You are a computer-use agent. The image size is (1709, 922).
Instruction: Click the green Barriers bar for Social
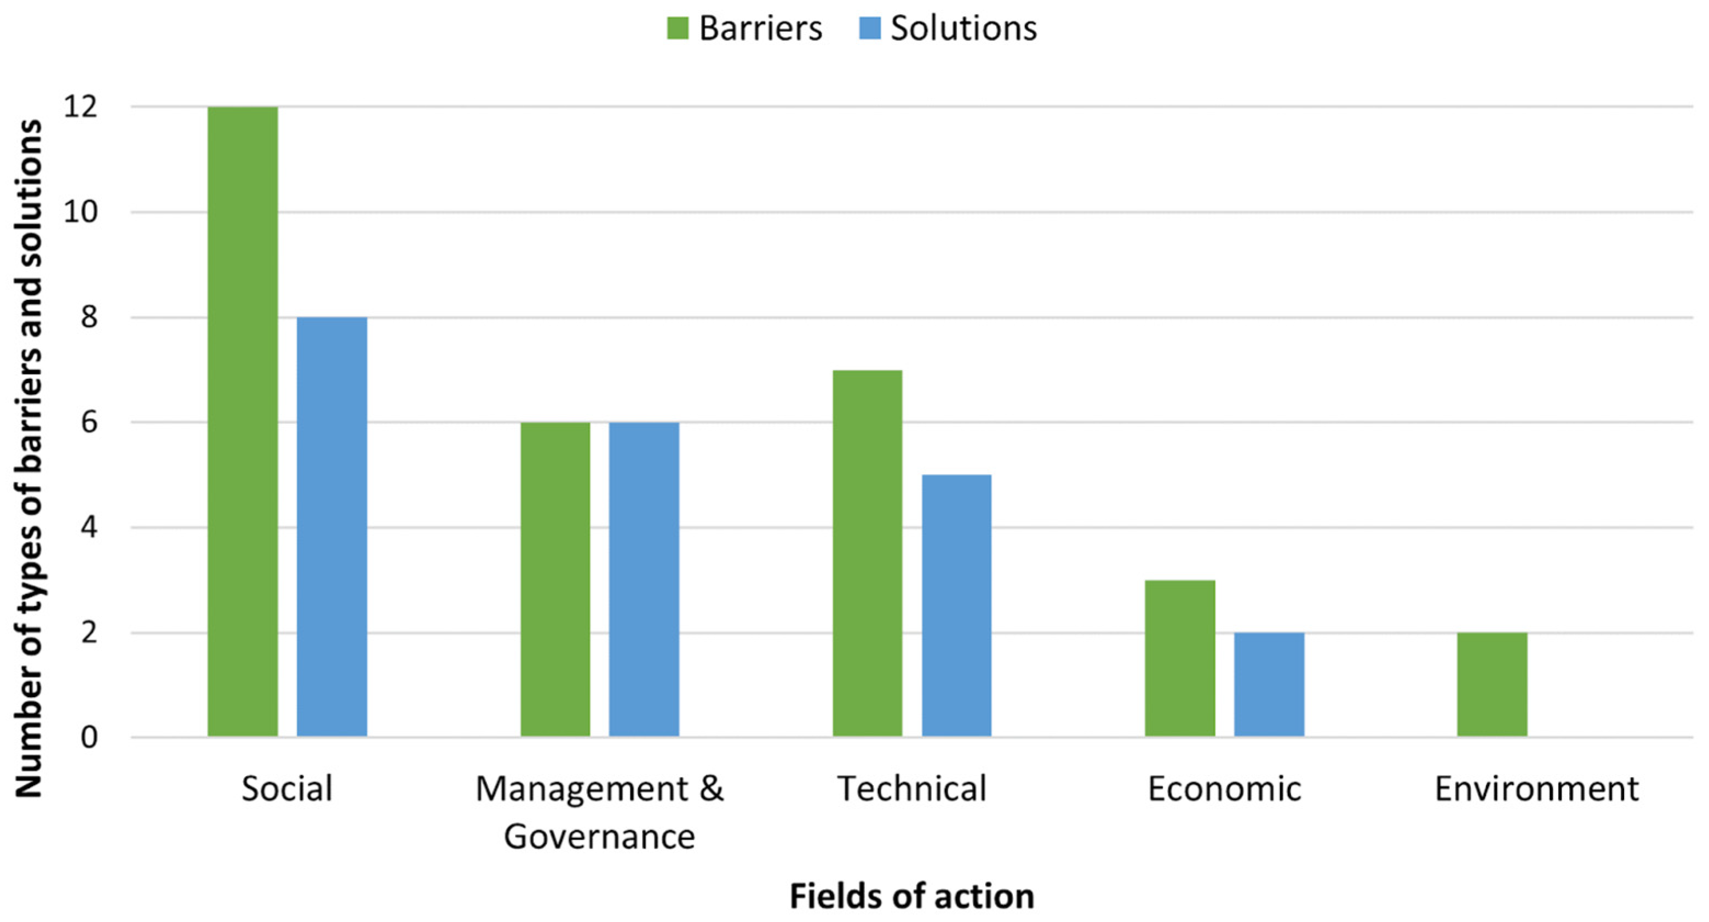(242, 422)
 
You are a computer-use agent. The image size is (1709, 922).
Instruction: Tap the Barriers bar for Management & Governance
(555, 579)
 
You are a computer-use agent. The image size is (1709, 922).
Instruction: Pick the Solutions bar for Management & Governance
(644, 579)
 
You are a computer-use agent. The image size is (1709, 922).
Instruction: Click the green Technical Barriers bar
(867, 553)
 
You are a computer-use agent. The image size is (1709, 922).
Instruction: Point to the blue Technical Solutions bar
(957, 605)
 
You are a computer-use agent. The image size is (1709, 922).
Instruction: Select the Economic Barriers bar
(1179, 658)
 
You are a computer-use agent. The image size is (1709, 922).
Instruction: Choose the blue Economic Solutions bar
(1269, 684)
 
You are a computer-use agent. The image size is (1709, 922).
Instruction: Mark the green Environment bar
(1492, 684)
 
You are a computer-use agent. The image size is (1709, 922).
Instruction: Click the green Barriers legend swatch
(678, 28)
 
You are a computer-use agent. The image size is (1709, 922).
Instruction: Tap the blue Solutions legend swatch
(869, 28)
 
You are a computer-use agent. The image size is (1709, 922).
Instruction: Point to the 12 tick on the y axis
(81, 106)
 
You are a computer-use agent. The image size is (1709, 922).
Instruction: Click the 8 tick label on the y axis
(89, 317)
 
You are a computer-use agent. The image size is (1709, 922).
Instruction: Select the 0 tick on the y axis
(89, 737)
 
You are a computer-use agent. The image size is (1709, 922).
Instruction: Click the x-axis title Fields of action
(911, 896)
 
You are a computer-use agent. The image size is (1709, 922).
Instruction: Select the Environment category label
(1536, 789)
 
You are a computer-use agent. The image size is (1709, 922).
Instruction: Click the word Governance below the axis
(599, 836)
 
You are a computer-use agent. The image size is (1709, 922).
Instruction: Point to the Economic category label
(1225, 789)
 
